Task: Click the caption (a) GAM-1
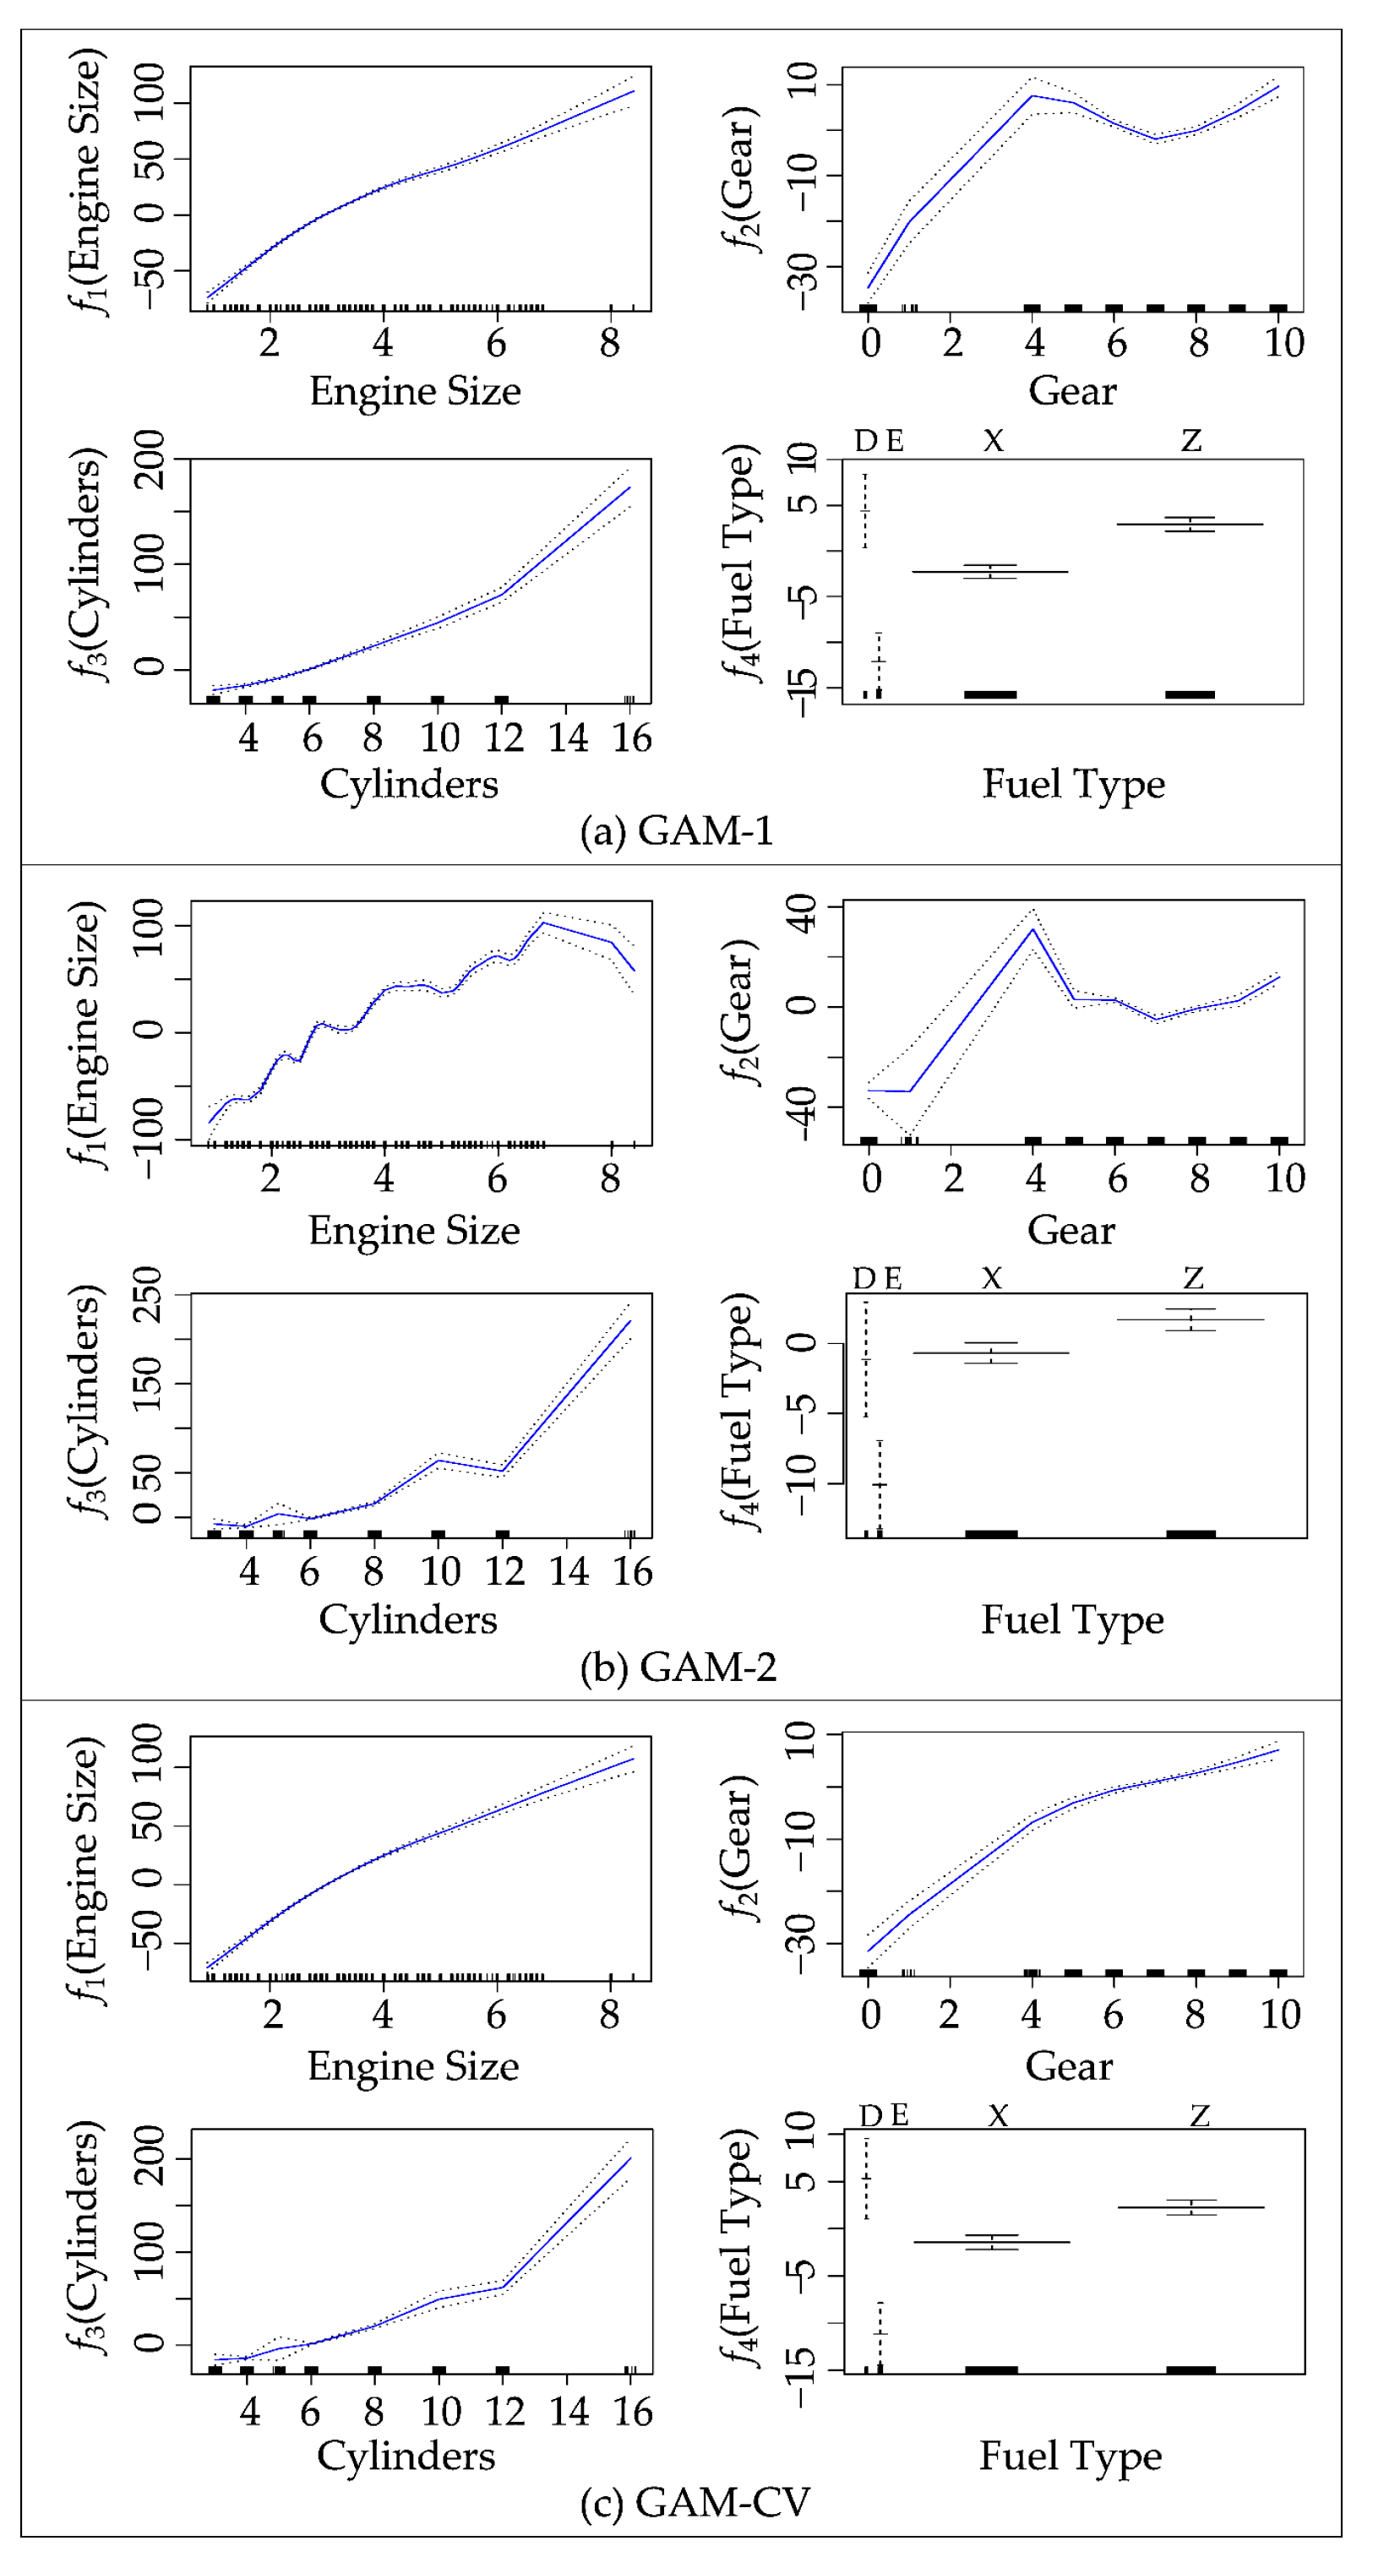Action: coord(676,830)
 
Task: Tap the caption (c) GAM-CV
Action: coord(695,2501)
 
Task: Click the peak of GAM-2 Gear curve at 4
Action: coord(1034,928)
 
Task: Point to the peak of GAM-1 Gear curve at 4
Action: coord(1033,95)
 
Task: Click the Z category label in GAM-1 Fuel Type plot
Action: coord(1190,441)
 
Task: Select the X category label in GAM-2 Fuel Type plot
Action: coord(991,1278)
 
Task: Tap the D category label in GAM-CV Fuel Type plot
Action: coord(869,2115)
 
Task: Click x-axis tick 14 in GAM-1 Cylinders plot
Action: coord(567,738)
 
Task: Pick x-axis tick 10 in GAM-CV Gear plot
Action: coord(1280,2015)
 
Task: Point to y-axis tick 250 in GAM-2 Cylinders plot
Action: coord(148,1295)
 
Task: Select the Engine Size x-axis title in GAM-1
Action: coord(415,391)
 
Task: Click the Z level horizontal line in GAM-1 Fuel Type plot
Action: coord(1190,525)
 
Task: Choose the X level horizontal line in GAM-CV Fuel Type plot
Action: coord(991,2242)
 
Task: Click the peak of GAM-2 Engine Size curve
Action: coord(543,923)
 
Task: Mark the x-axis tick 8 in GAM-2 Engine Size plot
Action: coord(610,1178)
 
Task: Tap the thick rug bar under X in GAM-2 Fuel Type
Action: coord(991,1533)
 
